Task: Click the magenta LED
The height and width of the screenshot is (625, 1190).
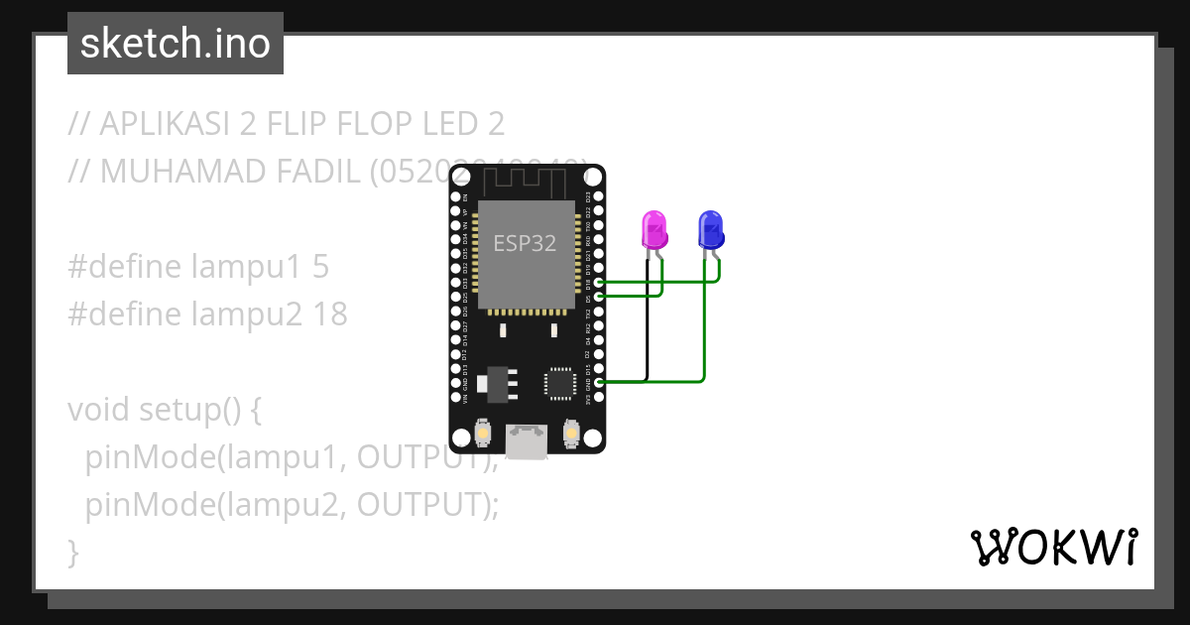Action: tap(654, 229)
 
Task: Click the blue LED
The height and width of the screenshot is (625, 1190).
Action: tap(710, 229)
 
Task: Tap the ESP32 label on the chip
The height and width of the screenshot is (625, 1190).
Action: tap(525, 242)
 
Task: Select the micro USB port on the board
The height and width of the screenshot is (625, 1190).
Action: tap(527, 442)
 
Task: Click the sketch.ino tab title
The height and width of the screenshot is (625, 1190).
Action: tap(176, 44)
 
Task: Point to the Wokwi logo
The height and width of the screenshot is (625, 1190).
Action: tap(1053, 547)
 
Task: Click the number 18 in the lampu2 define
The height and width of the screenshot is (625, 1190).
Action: tap(330, 314)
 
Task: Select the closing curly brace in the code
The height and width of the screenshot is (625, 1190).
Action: tap(72, 552)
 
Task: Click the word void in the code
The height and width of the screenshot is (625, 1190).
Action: tap(98, 410)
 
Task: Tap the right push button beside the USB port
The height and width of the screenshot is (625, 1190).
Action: tap(571, 434)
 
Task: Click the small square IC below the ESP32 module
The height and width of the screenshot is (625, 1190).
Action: tap(559, 383)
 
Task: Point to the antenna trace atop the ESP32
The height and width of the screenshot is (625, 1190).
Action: tap(526, 181)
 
